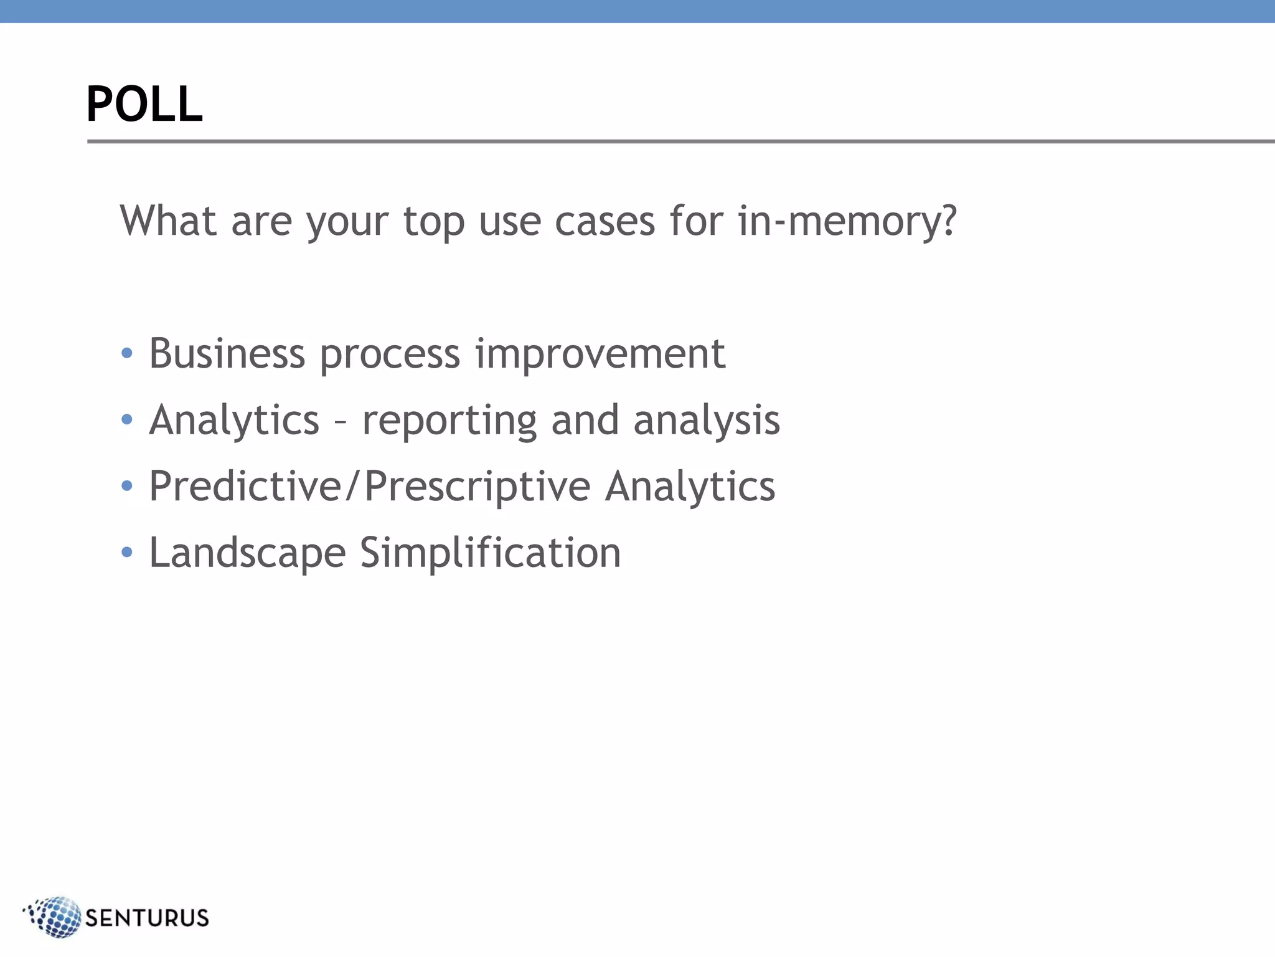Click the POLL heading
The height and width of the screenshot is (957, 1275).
pos(144,104)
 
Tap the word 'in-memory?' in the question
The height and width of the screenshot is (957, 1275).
pos(847,221)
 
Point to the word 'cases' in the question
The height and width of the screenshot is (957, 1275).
pos(605,222)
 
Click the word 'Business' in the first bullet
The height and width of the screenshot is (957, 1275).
pos(227,354)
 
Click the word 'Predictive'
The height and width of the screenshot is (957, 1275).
pos(245,486)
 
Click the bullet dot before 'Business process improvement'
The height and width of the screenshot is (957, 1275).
pos(127,354)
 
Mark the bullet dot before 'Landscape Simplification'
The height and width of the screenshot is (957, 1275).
pos(127,552)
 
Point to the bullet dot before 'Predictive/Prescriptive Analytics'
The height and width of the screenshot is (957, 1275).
pos(127,486)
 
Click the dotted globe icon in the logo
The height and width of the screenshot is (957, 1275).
pos(56,917)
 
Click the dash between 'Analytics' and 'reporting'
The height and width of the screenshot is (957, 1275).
pos(341,421)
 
